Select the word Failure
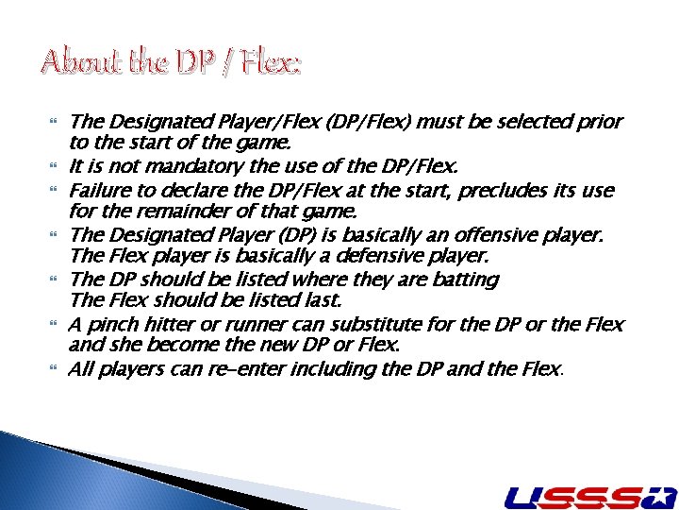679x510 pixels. [x=100, y=191]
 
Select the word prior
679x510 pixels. [x=598, y=122]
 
